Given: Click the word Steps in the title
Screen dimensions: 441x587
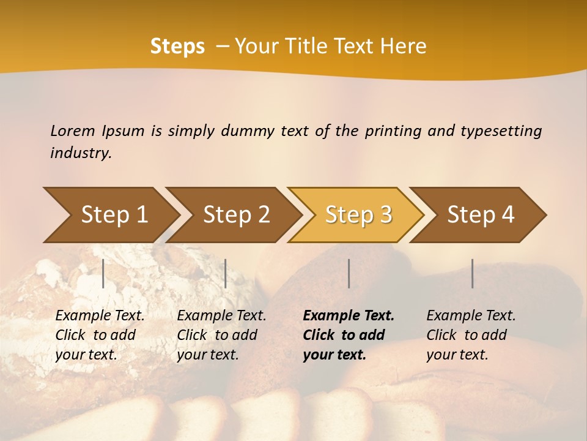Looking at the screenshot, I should click(177, 46).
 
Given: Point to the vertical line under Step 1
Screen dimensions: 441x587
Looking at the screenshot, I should click(103, 273).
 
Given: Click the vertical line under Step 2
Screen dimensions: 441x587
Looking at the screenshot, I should click(226, 273).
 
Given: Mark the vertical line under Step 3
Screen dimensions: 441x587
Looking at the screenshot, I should click(349, 273).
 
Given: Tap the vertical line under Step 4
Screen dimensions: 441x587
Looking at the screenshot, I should click(472, 273).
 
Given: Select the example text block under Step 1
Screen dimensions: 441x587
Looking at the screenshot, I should click(100, 335).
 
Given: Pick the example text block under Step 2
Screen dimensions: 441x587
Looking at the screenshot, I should click(221, 335).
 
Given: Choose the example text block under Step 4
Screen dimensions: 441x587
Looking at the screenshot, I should click(471, 335).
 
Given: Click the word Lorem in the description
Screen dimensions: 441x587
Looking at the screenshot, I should click(72, 130).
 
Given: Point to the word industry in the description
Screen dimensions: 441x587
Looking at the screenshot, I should click(81, 153).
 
